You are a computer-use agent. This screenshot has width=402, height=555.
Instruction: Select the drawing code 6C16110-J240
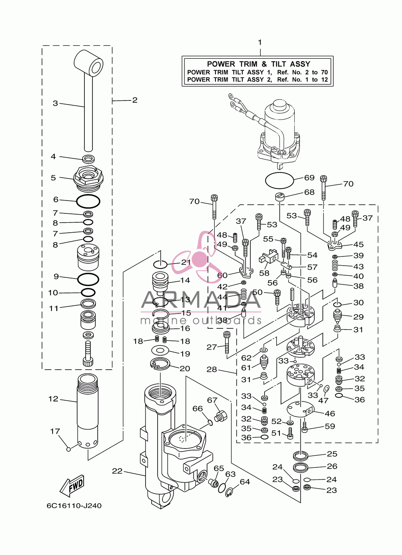(x=74, y=506)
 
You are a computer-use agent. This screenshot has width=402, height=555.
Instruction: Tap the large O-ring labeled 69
(x=279, y=180)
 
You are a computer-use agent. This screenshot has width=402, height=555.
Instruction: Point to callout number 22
(x=117, y=471)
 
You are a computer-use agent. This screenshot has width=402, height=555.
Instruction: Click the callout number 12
(x=53, y=399)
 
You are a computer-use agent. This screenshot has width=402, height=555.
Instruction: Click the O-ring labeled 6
(x=88, y=201)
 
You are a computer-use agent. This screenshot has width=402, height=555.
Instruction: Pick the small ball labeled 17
(x=69, y=449)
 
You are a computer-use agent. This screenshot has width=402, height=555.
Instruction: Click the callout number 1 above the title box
(x=260, y=43)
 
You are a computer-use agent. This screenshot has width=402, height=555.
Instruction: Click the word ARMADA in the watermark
(x=201, y=299)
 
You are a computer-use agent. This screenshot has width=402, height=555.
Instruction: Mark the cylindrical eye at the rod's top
(x=88, y=63)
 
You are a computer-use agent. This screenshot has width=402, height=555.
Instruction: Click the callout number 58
(x=264, y=273)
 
